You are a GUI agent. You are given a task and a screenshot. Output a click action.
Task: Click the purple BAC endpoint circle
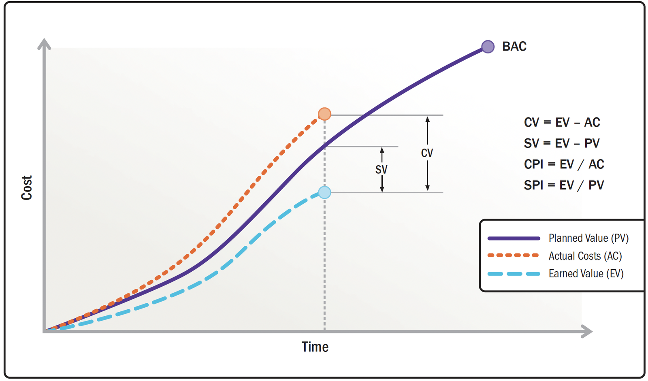pyautogui.click(x=488, y=47)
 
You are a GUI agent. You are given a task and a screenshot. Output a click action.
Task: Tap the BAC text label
pyautogui.click(x=514, y=47)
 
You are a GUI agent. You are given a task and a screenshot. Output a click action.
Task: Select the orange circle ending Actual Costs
pyautogui.click(x=324, y=114)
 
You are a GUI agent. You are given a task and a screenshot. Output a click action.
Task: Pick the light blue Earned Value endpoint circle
pyautogui.click(x=324, y=192)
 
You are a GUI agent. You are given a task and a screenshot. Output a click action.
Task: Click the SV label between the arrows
pyautogui.click(x=381, y=169)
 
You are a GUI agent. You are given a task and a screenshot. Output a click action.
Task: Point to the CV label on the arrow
pyautogui.click(x=427, y=153)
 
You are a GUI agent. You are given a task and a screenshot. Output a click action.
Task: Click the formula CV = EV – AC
pyautogui.click(x=562, y=122)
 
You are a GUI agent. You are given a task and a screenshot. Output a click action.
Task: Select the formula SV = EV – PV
pyautogui.click(x=561, y=143)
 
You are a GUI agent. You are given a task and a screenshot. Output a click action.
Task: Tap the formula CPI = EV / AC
pyautogui.click(x=564, y=164)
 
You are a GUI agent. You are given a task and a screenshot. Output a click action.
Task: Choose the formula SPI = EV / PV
pyautogui.click(x=564, y=185)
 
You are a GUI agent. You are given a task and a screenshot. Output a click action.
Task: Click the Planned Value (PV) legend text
pyautogui.click(x=588, y=238)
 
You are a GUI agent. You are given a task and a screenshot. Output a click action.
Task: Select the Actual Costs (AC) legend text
pyautogui.click(x=585, y=256)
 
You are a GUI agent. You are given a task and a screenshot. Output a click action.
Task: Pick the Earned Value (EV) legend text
pyautogui.click(x=586, y=274)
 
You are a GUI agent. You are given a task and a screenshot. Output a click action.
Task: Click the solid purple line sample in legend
pyautogui.click(x=514, y=238)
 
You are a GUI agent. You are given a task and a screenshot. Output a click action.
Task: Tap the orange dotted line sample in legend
pyautogui.click(x=514, y=255)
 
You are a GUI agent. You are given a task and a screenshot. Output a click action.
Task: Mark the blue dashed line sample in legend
pyautogui.click(x=514, y=274)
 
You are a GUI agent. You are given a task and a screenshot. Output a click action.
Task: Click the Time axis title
pyautogui.click(x=315, y=347)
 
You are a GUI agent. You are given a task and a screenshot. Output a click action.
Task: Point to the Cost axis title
pyautogui.click(x=27, y=188)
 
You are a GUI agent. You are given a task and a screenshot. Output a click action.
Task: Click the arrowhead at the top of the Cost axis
pyautogui.click(x=44, y=44)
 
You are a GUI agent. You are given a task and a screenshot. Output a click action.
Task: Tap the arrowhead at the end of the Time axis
pyautogui.click(x=587, y=331)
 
